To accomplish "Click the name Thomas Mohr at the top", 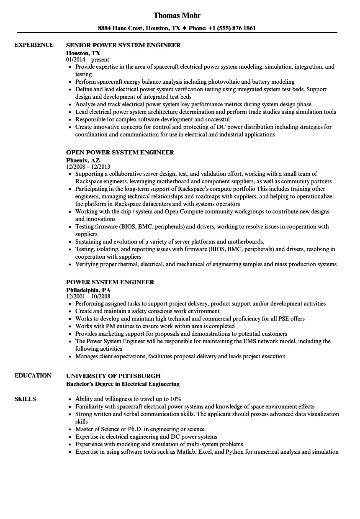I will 177,15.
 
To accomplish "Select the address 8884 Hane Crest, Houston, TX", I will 139,28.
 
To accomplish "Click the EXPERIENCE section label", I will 34,45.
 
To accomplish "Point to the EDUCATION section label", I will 33,375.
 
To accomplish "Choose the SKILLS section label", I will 25,399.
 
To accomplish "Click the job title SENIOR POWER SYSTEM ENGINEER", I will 123,45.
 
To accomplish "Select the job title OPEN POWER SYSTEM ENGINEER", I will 120,152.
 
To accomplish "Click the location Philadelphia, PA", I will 88,290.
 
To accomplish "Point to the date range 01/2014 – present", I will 87,60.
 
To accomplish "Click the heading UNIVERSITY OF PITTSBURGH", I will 113,376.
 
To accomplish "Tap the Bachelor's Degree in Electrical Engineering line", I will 123,384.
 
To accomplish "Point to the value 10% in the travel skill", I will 174,399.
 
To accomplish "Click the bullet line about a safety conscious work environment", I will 147,311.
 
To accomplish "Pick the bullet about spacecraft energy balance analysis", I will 185,82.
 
